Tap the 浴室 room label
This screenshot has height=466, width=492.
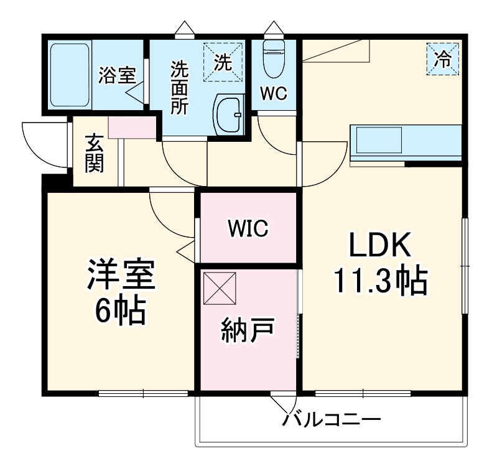coord(116,76)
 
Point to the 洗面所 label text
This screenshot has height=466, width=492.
coord(180,87)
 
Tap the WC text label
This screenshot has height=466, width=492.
coord(273,93)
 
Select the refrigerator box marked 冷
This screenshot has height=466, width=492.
coord(442,59)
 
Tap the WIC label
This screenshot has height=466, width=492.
coord(248,228)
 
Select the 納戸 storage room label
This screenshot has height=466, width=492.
coord(248,332)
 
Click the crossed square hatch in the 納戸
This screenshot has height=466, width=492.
coord(220,288)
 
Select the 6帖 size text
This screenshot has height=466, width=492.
coord(120,311)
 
